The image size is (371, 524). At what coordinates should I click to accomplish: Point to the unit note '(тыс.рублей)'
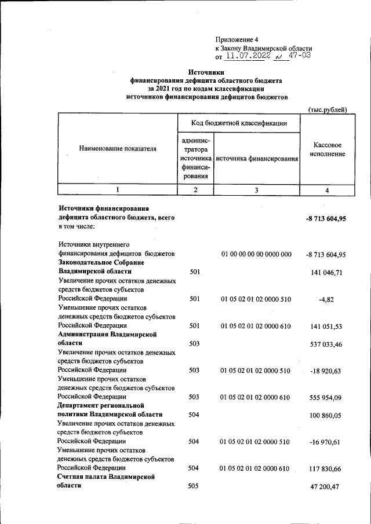click(x=328, y=109)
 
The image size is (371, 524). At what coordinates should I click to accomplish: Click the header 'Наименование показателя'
click(x=118, y=149)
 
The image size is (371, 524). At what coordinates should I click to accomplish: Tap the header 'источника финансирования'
click(x=256, y=158)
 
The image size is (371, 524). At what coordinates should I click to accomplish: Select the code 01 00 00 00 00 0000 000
click(x=256, y=254)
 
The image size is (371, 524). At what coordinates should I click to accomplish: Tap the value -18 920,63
click(x=326, y=371)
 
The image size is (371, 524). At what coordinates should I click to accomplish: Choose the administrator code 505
click(x=194, y=486)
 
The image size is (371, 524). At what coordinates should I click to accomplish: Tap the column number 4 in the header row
click(x=327, y=190)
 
